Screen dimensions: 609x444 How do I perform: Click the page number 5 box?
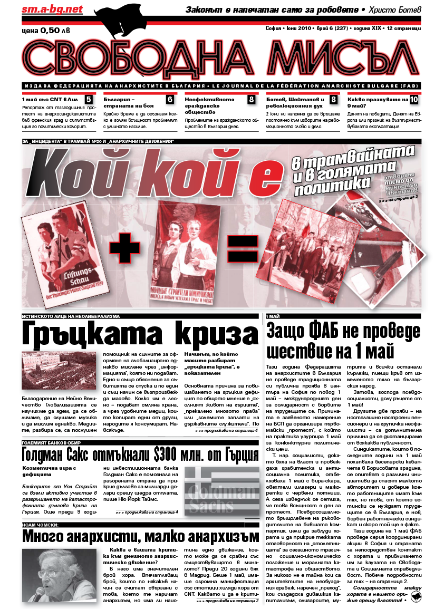coord(89,99)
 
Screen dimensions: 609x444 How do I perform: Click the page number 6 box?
coord(170,99)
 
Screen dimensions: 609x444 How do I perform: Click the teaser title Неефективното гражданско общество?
coord(216,105)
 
